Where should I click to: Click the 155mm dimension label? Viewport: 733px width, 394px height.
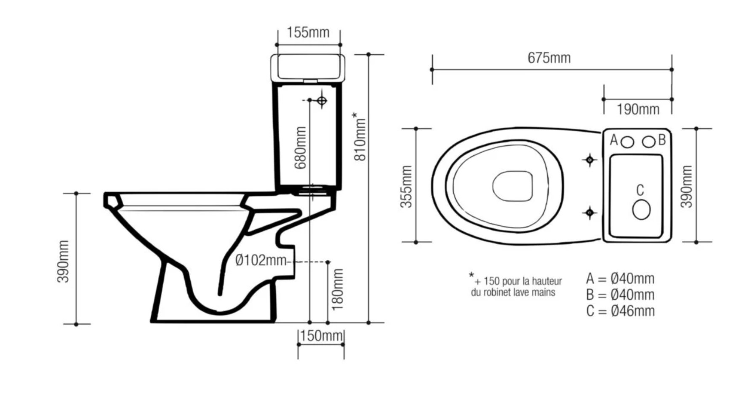coord(308,33)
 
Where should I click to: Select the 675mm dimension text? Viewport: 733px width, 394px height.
coord(549,58)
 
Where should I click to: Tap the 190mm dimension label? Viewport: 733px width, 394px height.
coord(638,109)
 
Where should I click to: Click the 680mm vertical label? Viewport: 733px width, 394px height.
coord(300,148)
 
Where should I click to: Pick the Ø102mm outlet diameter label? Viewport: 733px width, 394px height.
coord(261,261)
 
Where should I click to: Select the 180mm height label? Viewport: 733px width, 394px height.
coord(338,290)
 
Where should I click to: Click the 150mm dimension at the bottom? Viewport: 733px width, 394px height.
coord(322,336)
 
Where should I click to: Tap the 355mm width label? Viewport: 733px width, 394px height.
coord(406,186)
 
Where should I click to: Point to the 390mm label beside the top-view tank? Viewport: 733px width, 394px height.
coord(687,186)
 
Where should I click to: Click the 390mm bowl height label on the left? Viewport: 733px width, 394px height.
coord(63,261)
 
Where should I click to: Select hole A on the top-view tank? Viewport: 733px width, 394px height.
coord(627,142)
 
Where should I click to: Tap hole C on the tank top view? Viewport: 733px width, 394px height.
coord(641,210)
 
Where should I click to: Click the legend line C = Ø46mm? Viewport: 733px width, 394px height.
coord(620,311)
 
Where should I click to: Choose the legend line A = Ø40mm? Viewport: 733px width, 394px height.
coord(620,279)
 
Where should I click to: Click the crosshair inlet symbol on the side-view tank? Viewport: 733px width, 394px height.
coord(322,101)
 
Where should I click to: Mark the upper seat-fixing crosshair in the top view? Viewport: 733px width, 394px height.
coord(590,160)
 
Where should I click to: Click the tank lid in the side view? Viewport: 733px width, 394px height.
coord(307,67)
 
